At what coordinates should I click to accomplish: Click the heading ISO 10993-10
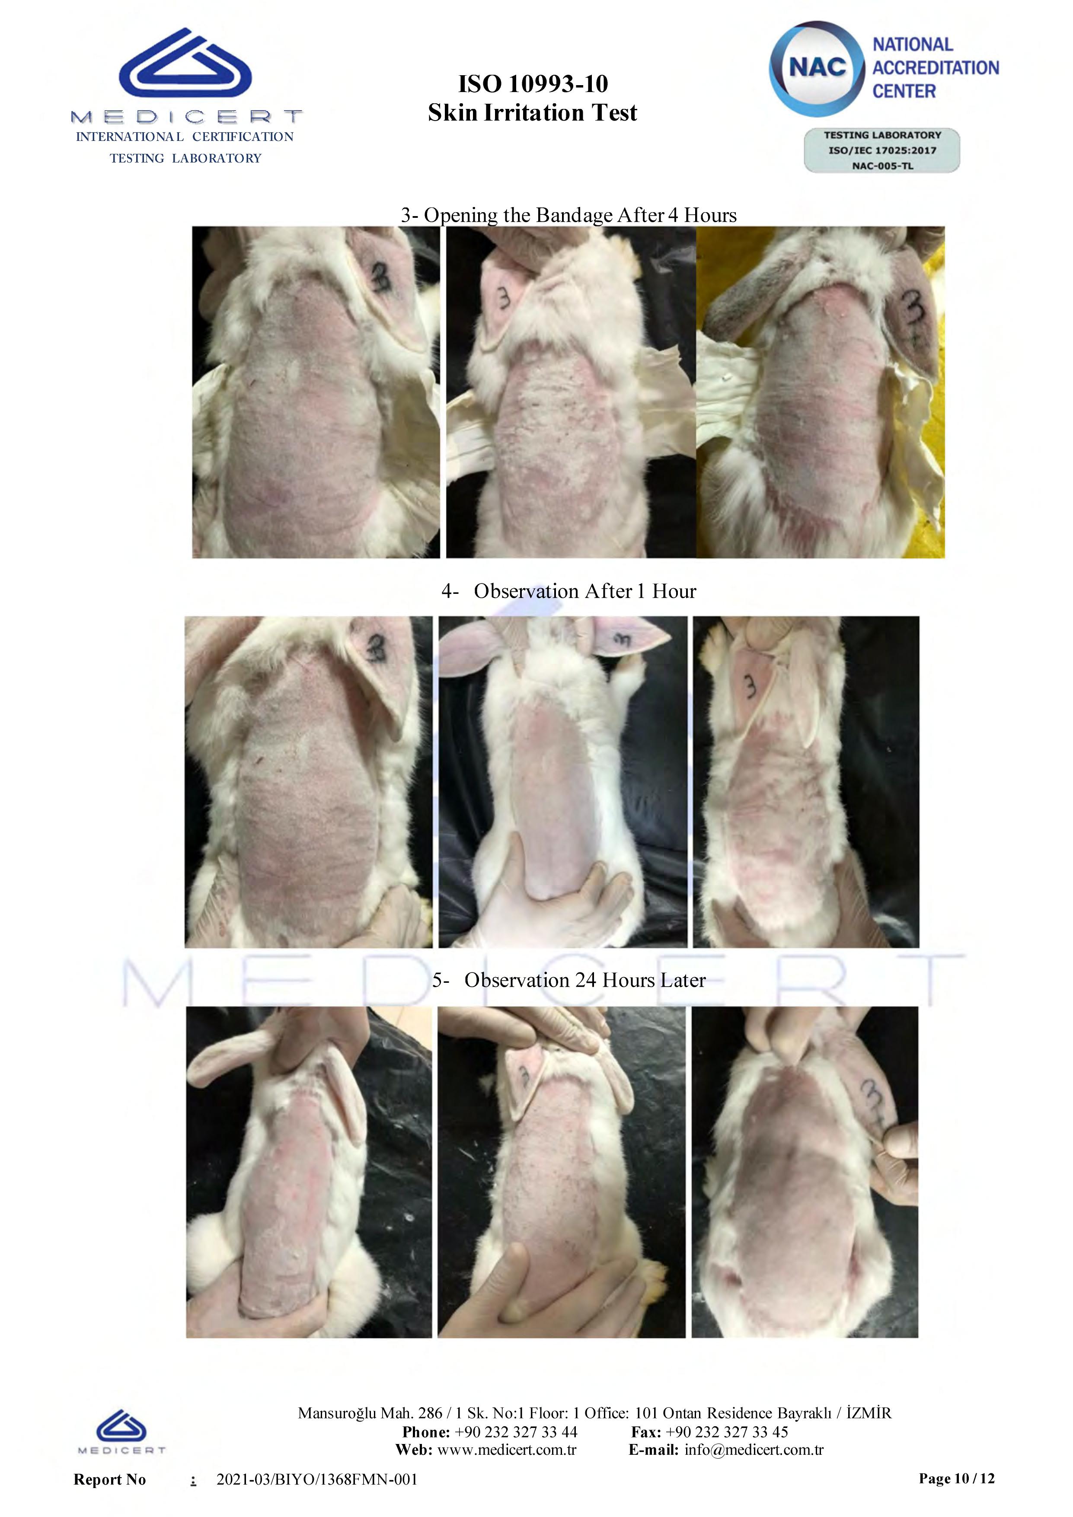pyautogui.click(x=533, y=84)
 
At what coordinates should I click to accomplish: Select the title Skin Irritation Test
pyautogui.click(x=533, y=113)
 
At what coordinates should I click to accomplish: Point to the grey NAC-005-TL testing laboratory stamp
pyautogui.click(x=882, y=151)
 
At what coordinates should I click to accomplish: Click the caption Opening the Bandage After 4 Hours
pyautogui.click(x=580, y=215)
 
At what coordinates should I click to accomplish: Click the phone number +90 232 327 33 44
pyautogui.click(x=516, y=1432)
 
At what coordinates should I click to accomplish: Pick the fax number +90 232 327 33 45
pyautogui.click(x=727, y=1432)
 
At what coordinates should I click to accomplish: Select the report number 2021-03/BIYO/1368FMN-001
pyautogui.click(x=317, y=1479)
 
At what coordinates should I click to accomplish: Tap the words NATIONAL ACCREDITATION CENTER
pyautogui.click(x=936, y=68)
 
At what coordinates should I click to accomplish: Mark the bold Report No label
pyautogui.click(x=110, y=1479)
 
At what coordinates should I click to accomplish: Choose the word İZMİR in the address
pyautogui.click(x=869, y=1413)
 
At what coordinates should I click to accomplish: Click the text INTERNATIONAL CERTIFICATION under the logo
pyautogui.click(x=185, y=137)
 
